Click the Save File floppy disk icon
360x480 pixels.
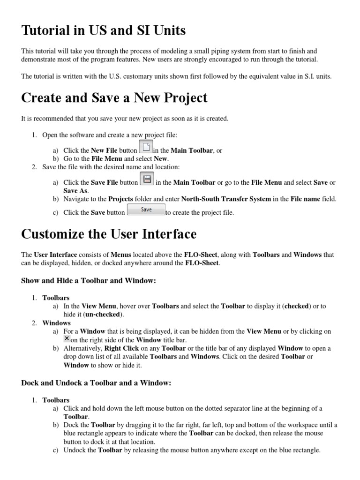point(147,179)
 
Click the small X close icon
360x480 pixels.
point(67,338)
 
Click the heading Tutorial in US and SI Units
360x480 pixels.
point(104,31)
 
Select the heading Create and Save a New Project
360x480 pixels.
point(114,98)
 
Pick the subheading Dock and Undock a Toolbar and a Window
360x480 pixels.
point(96,383)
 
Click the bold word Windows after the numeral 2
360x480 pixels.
point(56,322)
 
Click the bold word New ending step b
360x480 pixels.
point(160,158)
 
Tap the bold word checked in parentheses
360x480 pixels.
point(296,306)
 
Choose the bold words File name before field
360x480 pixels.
point(306,199)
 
